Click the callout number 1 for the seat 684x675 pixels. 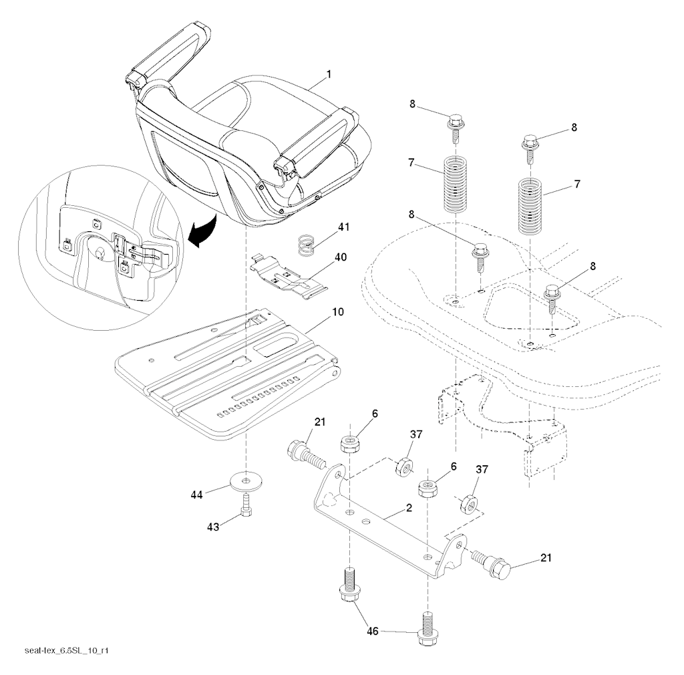327,78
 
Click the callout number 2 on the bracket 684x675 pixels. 409,508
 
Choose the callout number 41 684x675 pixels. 343,227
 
